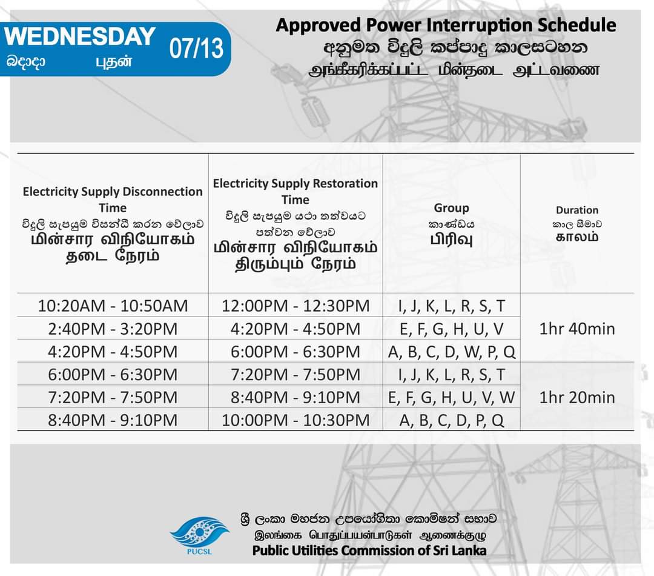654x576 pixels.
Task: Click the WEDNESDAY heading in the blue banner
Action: (79, 36)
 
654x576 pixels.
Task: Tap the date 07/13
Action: (196, 49)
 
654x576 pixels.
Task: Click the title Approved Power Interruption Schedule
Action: (446, 25)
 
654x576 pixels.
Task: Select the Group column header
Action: (451, 207)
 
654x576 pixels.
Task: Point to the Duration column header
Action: (577, 210)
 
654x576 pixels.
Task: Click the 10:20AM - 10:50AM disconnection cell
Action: (113, 306)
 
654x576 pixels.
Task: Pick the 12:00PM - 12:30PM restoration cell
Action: (296, 306)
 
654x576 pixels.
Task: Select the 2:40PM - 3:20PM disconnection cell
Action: (113, 329)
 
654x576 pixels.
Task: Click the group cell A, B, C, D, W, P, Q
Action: (452, 352)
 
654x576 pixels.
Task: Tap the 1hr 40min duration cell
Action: (577, 329)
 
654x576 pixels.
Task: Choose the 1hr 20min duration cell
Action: (577, 397)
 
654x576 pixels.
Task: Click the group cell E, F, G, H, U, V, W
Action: (452, 397)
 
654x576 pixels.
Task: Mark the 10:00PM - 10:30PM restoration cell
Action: (296, 420)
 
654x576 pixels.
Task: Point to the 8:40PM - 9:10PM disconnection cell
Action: (113, 420)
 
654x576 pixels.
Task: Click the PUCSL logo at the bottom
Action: (199, 535)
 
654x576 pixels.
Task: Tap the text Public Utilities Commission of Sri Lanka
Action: (369, 551)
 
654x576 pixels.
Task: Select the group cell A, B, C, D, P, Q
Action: (452, 420)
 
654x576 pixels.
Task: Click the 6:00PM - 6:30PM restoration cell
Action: (296, 352)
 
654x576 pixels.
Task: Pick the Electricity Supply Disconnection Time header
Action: (113, 199)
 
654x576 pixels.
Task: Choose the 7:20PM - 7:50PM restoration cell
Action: (296, 374)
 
